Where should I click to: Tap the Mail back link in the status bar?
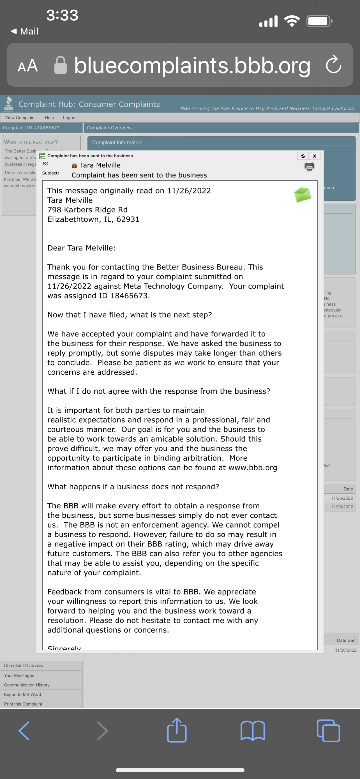click(x=25, y=31)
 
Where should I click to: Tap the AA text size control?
click(x=27, y=65)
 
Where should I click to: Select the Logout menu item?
click(x=70, y=118)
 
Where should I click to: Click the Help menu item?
click(x=49, y=118)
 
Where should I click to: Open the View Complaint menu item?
click(x=20, y=118)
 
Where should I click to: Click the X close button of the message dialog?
click(x=314, y=156)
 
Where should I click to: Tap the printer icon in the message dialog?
click(x=309, y=166)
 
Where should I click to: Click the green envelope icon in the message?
click(x=303, y=195)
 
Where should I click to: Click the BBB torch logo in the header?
click(x=8, y=104)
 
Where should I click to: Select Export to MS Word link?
click(x=22, y=694)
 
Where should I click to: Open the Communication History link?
click(x=27, y=685)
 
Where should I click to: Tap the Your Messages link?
click(x=19, y=675)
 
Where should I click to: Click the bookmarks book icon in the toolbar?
click(x=253, y=730)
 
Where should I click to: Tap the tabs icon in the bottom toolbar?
click(x=328, y=730)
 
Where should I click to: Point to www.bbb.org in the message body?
click(x=253, y=467)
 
